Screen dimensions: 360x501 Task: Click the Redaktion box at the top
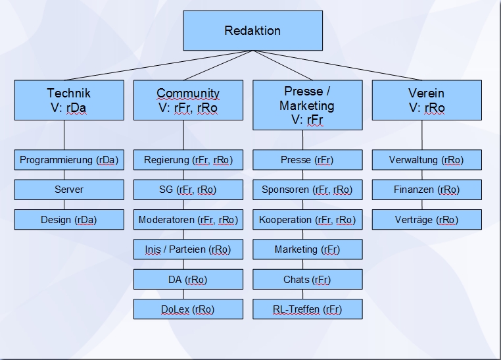click(x=252, y=31)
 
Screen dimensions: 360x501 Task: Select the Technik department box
click(x=69, y=100)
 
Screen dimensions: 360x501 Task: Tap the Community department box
click(x=188, y=100)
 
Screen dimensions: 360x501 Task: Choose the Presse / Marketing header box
click(x=307, y=105)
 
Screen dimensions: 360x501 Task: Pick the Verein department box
click(x=426, y=100)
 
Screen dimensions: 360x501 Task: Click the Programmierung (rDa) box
click(x=69, y=160)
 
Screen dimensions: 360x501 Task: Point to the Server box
click(x=69, y=190)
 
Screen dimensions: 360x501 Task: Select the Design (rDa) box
click(x=69, y=220)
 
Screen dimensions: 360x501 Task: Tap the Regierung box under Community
click(x=188, y=160)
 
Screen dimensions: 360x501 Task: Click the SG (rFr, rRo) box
click(x=188, y=190)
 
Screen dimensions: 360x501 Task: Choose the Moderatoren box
click(x=188, y=220)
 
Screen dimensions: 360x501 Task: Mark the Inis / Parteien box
click(x=188, y=249)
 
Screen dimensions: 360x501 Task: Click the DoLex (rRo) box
click(x=188, y=309)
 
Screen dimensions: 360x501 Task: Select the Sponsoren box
click(x=307, y=190)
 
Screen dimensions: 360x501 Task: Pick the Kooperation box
click(x=307, y=220)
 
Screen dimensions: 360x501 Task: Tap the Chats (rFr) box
click(x=307, y=280)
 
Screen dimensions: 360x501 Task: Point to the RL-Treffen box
click(x=307, y=309)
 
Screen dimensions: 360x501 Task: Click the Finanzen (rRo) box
click(x=426, y=190)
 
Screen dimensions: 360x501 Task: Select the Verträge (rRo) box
click(x=426, y=220)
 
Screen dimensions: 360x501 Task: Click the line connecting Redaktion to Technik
click(x=161, y=66)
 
